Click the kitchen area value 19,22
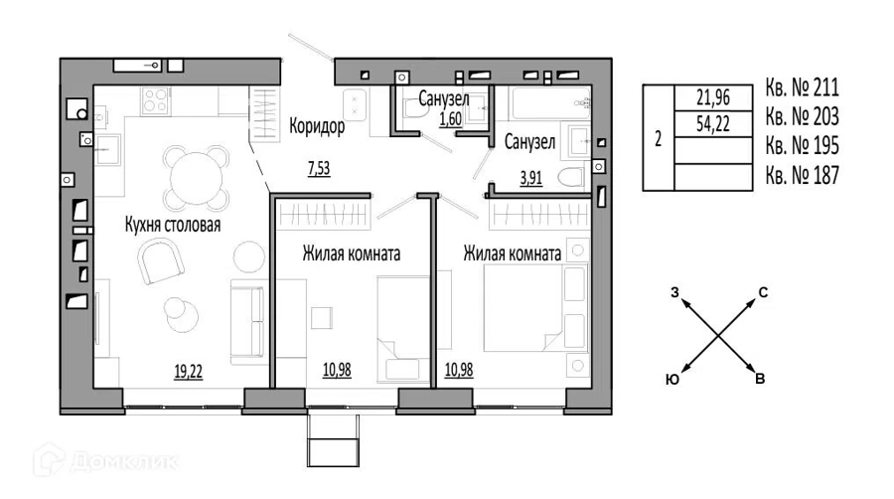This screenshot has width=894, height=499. tap(188, 371)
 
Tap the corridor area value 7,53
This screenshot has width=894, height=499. tap(319, 168)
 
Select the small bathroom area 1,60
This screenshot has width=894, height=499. tap(450, 118)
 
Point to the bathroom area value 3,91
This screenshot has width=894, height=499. tap(530, 178)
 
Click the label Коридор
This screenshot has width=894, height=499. tap(317, 126)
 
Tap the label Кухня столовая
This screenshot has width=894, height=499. tap(173, 225)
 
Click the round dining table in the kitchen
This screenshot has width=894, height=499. tap(196, 178)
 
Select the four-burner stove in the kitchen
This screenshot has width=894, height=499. tap(155, 100)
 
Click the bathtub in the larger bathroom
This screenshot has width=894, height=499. tap(550, 102)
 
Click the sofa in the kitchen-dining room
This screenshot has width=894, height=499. tap(248, 322)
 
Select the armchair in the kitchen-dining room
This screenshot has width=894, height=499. tap(161, 260)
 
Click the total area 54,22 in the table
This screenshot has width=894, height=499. tap(712, 123)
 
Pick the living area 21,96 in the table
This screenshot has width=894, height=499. tap(712, 97)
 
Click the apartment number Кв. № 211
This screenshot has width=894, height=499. tap(803, 87)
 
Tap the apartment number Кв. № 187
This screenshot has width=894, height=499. tap(803, 175)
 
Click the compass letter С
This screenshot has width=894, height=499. tap(763, 292)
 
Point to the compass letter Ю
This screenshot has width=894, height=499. tap(672, 380)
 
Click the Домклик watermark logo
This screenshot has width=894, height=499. tap(105, 459)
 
